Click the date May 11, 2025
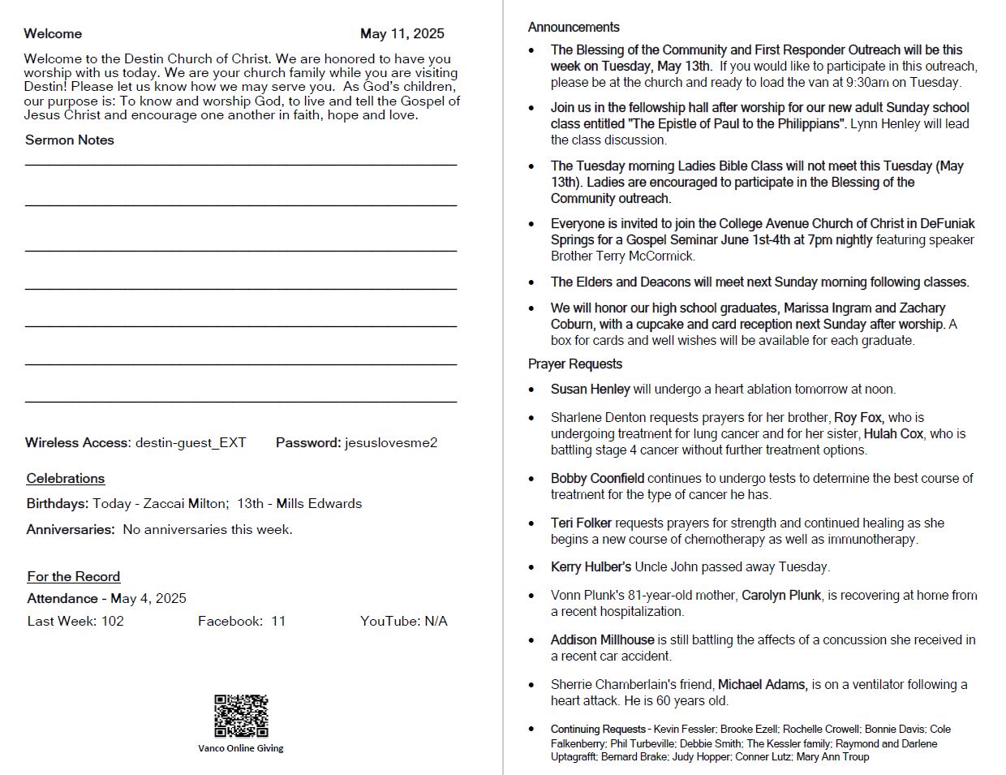(x=402, y=33)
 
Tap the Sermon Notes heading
(x=70, y=140)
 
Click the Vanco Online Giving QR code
(x=241, y=716)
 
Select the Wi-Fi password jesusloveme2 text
(x=391, y=442)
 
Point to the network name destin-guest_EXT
(x=191, y=442)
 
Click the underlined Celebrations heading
(x=66, y=478)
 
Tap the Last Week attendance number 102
(x=113, y=621)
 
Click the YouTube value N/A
(x=436, y=621)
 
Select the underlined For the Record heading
(x=74, y=576)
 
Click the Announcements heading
(x=574, y=27)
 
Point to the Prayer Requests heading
(x=575, y=364)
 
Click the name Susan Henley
(x=590, y=389)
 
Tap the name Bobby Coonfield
(x=597, y=478)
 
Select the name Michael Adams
(x=763, y=684)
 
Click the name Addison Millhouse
(x=602, y=639)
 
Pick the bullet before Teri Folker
(x=531, y=524)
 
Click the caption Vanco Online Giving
(x=241, y=748)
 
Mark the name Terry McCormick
(x=651, y=256)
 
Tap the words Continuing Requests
(x=598, y=729)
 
